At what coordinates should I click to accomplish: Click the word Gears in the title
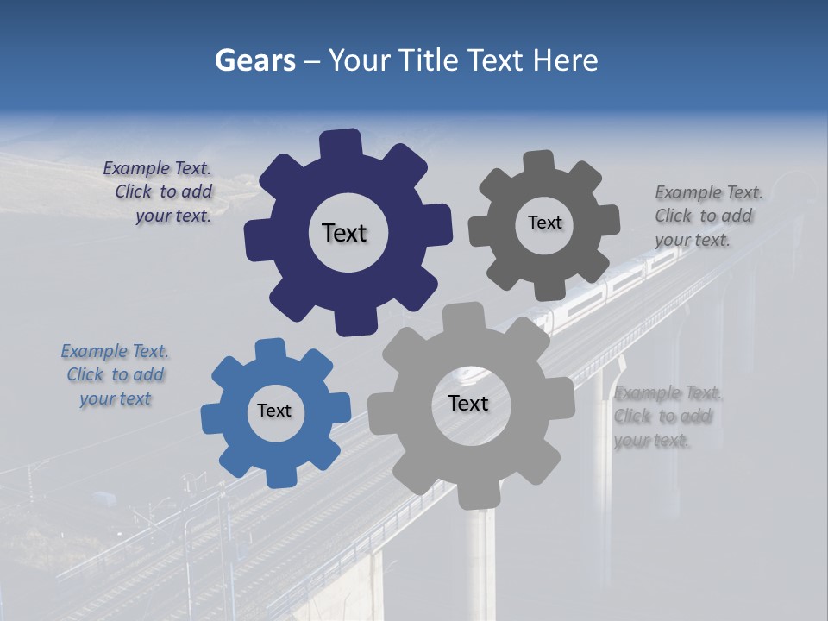click(x=255, y=60)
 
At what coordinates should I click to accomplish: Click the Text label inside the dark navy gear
click(x=345, y=233)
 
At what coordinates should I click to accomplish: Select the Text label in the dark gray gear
click(x=544, y=223)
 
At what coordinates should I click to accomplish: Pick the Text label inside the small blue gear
click(x=274, y=411)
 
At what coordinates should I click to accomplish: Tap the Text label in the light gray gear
click(x=468, y=403)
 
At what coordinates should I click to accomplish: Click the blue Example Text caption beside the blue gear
click(x=115, y=375)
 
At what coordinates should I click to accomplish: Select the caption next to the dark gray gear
click(x=707, y=216)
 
